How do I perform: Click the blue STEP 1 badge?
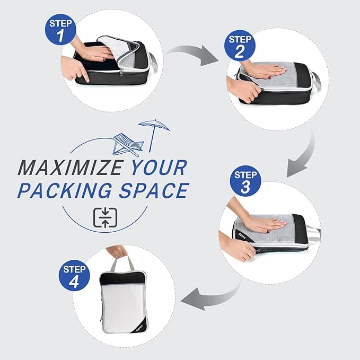[x=60, y=30]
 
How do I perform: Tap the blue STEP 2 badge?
[x=240, y=46]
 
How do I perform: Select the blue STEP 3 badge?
[x=245, y=181]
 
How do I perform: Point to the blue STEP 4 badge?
[x=74, y=275]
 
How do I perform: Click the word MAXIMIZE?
[x=71, y=168]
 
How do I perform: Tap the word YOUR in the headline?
[x=158, y=168]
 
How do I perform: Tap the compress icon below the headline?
[x=106, y=217]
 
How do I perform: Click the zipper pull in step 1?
[x=121, y=72]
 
